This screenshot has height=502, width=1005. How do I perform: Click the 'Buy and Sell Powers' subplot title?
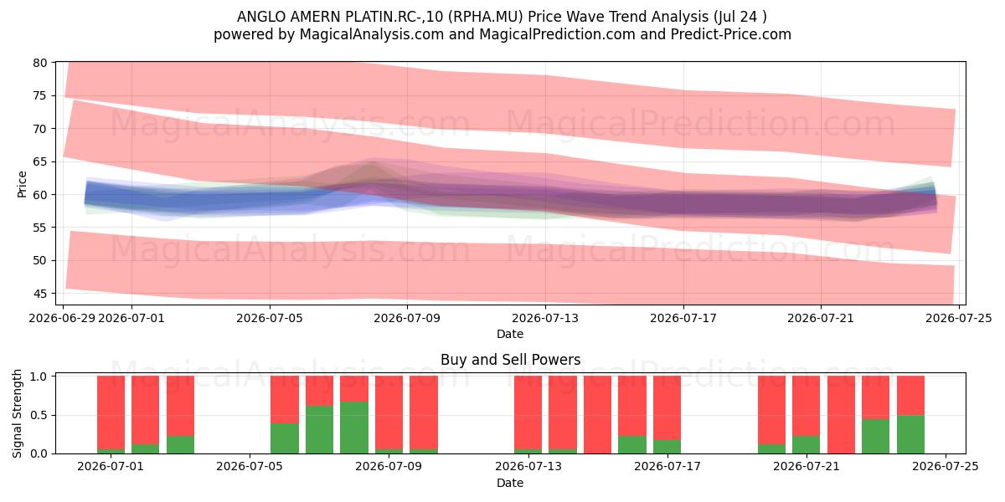pos(510,360)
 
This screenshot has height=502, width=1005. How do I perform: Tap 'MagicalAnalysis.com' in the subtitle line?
pos(372,34)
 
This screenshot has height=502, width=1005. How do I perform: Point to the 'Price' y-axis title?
pos(22,184)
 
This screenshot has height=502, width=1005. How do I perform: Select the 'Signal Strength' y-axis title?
pos(17,413)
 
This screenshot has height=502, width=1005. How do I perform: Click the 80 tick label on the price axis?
pos(40,63)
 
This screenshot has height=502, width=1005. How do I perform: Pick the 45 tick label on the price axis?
pos(40,294)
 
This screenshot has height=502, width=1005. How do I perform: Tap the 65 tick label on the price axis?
pos(40,161)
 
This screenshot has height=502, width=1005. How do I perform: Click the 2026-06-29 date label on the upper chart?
pos(62,318)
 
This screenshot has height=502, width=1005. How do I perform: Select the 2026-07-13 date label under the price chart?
pos(545,318)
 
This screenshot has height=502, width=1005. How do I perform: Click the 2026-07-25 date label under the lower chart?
pos(946,467)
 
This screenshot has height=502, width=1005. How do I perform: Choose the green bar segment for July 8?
pos(354,428)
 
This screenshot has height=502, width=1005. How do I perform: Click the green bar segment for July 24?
pos(911,434)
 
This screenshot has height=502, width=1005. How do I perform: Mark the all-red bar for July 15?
pos(598,415)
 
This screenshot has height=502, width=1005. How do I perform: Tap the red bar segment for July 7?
pos(319,391)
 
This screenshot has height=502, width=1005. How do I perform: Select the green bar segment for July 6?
pos(285,438)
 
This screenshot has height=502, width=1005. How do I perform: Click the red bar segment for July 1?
pos(111,412)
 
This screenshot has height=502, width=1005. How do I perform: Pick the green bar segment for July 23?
pos(875,437)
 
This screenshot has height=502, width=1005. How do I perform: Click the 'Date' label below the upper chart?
pos(510,334)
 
